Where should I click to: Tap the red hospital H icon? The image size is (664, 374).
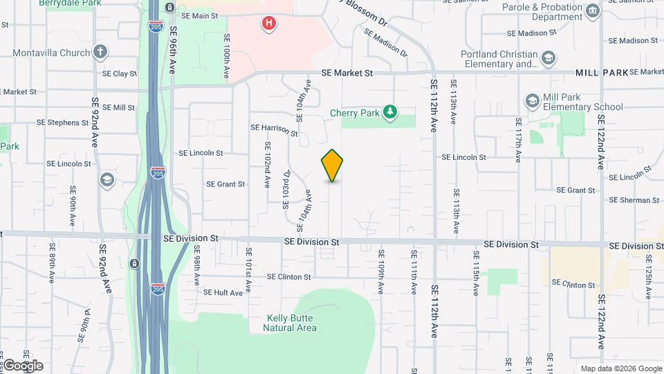click(x=269, y=24)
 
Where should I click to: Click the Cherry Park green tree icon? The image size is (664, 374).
click(x=391, y=112)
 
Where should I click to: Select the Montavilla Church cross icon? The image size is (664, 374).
click(x=100, y=53)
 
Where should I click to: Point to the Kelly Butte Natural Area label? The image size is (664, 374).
click(x=291, y=323)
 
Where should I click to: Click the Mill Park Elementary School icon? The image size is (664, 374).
click(x=532, y=101)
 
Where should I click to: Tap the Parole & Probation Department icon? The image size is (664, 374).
click(x=592, y=10)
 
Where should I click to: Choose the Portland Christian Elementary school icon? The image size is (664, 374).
click(x=548, y=58)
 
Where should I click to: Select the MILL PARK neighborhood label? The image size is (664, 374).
click(x=601, y=72)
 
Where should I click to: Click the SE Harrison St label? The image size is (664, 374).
click(x=274, y=128)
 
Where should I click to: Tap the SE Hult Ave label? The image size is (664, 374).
click(x=223, y=293)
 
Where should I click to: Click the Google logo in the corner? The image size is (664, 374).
click(x=22, y=366)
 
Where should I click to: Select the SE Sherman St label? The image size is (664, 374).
click(x=634, y=200)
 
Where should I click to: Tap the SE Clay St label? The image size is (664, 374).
click(x=120, y=73)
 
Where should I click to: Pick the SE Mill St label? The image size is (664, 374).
click(x=118, y=107)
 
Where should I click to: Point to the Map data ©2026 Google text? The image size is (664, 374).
click(x=620, y=368)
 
